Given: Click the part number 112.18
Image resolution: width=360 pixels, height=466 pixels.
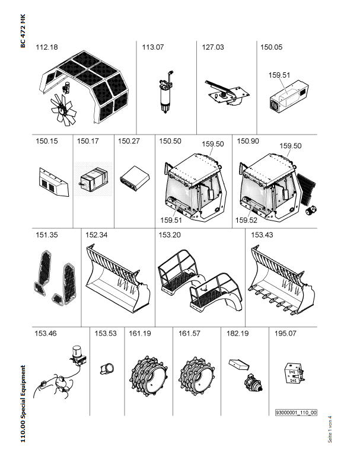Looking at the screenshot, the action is pyautogui.click(x=47, y=47).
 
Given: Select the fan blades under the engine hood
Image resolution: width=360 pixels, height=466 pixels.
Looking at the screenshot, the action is pyautogui.click(x=63, y=110).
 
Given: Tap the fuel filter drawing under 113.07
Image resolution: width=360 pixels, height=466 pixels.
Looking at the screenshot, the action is pyautogui.click(x=165, y=92).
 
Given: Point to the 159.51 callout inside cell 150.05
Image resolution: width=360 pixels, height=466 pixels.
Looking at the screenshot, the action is pyautogui.click(x=279, y=75).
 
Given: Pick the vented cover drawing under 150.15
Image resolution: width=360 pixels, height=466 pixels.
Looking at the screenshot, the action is pyautogui.click(x=54, y=182).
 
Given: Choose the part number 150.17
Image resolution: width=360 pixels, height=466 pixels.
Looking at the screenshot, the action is pyautogui.click(x=87, y=141).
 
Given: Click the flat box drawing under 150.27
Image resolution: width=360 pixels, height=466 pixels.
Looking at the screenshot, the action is pyautogui.click(x=135, y=178).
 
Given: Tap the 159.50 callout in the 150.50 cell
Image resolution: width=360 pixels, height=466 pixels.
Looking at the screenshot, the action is pyautogui.click(x=213, y=144).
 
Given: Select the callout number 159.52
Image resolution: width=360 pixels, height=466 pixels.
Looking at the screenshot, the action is pyautogui.click(x=246, y=220).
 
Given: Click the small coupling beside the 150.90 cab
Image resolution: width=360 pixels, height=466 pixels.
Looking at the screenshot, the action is pyautogui.click(x=311, y=210).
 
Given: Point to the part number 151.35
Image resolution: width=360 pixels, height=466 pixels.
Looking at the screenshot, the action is pyautogui.click(x=47, y=235).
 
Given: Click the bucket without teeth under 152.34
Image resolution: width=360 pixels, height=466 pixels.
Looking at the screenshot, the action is pyautogui.click(x=118, y=278).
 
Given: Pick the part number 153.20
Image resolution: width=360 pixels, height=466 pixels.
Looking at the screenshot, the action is pyautogui.click(x=170, y=235).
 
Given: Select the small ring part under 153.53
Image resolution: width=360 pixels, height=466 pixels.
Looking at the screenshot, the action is pyautogui.click(x=107, y=369).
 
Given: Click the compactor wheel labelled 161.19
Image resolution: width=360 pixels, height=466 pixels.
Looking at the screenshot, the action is pyautogui.click(x=148, y=376).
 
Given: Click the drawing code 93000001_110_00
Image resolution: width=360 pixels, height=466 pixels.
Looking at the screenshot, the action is pyautogui.click(x=296, y=413).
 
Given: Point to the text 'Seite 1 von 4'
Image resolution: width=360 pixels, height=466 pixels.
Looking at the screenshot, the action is pyautogui.click(x=330, y=429).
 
